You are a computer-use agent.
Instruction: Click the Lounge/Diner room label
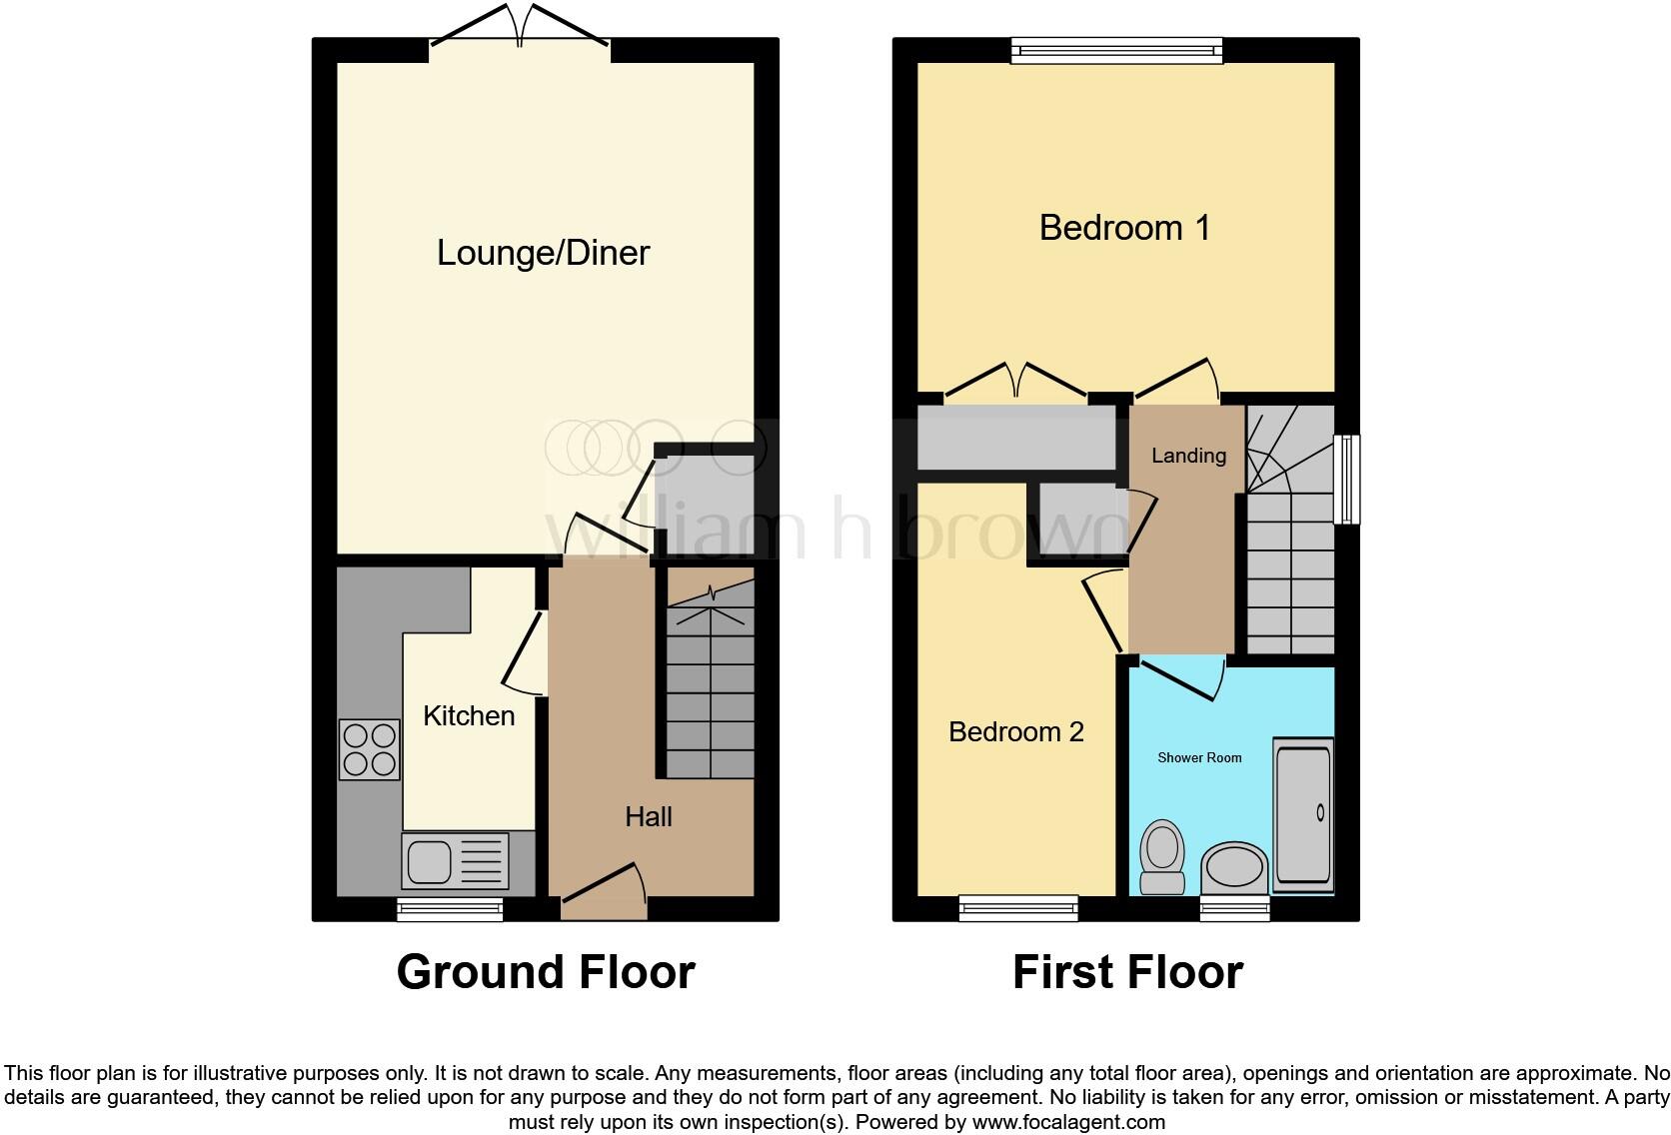543,253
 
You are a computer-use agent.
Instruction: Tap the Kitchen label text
469,715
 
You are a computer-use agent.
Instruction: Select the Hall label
648,816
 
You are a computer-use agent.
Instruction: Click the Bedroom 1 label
1124,228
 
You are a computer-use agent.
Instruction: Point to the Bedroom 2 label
1015,731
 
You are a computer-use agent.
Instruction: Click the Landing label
1188,456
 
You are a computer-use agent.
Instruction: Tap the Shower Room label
1199,757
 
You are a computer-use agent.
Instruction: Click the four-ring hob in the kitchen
369,749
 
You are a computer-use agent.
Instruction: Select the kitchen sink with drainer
454,861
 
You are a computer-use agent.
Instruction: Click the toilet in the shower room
1162,857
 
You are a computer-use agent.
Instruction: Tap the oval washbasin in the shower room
1234,867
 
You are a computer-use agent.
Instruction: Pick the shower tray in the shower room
1303,814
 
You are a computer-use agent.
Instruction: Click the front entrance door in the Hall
604,888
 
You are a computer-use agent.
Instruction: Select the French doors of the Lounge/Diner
520,26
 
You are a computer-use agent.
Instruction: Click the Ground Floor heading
545,972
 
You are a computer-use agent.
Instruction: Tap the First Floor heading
1126,972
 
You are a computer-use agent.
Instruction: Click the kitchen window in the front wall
449,908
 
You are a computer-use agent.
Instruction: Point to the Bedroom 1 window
1116,50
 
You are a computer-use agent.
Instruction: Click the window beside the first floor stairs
1348,479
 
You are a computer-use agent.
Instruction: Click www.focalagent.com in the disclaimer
1068,1122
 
